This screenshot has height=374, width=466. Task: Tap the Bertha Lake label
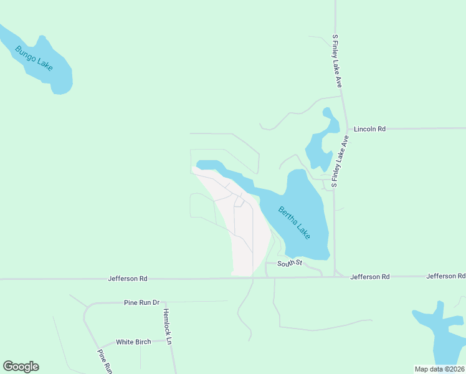293,221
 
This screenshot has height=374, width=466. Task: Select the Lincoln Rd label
369,129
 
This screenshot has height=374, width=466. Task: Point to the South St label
290,264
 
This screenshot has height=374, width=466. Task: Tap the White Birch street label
133,342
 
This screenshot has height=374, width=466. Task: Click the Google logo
21,367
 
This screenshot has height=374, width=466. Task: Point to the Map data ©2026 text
439,369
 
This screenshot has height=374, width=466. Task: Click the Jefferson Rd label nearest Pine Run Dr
127,278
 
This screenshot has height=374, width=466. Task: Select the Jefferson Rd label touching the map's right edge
445,276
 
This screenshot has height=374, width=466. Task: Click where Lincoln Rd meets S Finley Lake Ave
346,128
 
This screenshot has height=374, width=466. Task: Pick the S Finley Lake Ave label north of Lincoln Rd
337,60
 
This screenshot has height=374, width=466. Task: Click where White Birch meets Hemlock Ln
169,341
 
